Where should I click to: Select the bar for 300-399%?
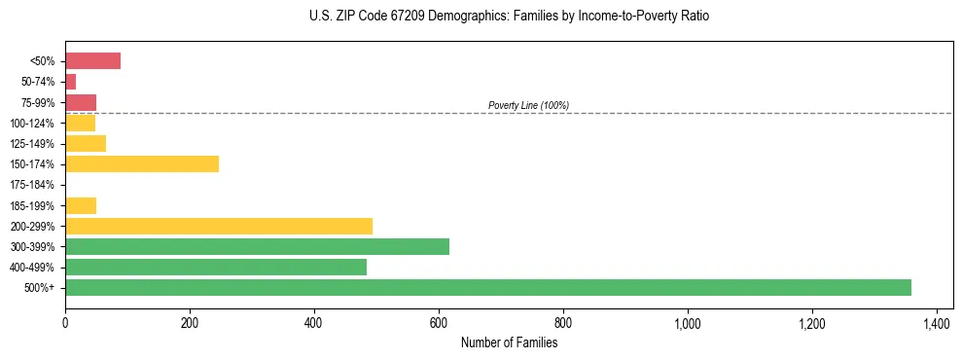point(257,246)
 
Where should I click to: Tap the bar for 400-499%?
point(216,267)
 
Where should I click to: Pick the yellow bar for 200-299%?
point(219,226)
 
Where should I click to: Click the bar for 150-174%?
point(142,163)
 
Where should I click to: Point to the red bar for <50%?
point(92,60)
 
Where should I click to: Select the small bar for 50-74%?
point(70,82)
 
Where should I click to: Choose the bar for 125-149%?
point(86,143)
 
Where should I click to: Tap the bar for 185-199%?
point(81,205)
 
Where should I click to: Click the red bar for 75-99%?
point(81,102)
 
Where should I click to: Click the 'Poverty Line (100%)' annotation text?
point(528,105)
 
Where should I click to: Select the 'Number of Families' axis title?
point(509,342)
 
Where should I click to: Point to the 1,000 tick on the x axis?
point(688,322)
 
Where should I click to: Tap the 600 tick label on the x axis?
point(439,322)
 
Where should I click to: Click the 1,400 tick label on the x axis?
point(937,322)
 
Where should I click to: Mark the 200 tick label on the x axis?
point(190,322)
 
